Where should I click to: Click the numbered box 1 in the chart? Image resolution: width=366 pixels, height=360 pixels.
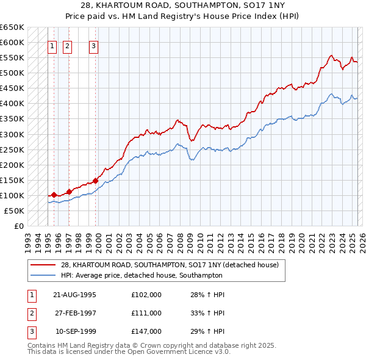(52, 45)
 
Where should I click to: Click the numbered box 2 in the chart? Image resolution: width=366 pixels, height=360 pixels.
(66, 45)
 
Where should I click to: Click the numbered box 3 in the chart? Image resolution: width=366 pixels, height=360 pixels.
(93, 45)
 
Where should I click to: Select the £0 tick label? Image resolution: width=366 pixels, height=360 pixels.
(19, 226)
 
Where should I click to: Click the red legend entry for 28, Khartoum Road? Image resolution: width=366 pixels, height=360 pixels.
(170, 265)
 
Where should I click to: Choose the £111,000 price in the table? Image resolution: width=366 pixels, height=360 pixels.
(146, 313)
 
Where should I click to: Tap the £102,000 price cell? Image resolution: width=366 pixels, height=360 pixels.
(146, 295)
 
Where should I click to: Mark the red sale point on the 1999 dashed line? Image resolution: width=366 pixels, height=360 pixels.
(95, 181)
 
